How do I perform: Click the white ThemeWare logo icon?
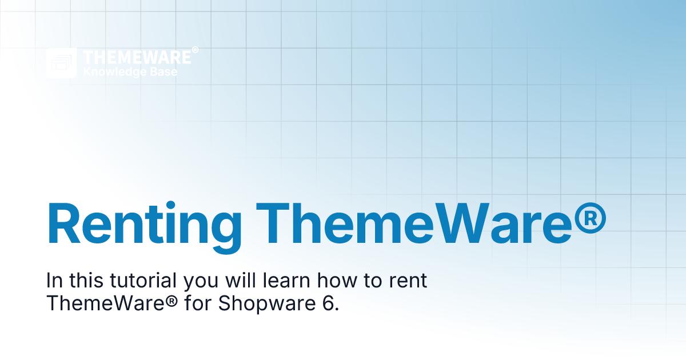tap(61, 63)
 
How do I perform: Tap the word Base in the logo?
tap(164, 73)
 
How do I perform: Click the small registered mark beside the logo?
tap(195, 51)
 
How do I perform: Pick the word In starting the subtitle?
tap(54, 281)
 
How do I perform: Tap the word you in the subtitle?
tap(202, 281)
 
